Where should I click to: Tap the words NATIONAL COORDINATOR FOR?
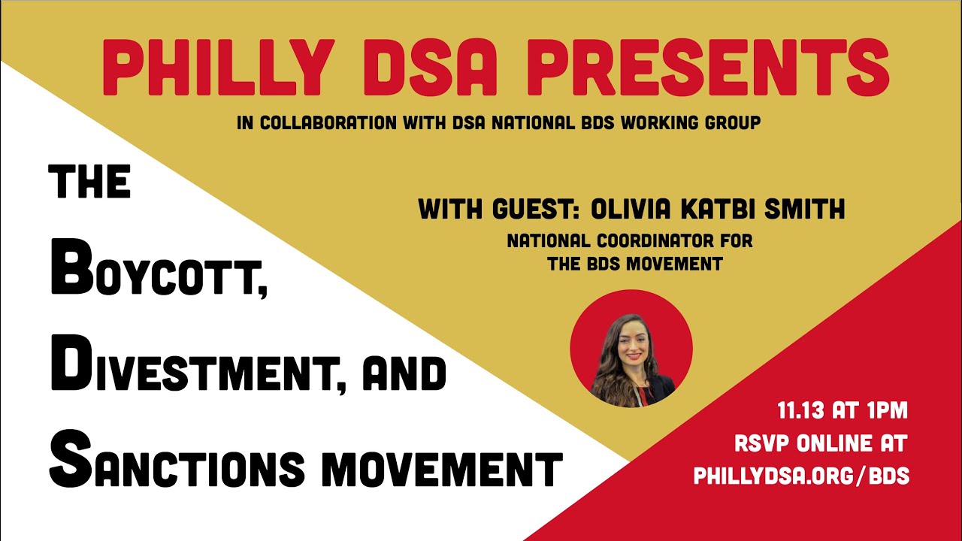[x=630, y=242]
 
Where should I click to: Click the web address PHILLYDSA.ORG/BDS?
[x=802, y=476]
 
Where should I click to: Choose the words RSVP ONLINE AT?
[x=820, y=443]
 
